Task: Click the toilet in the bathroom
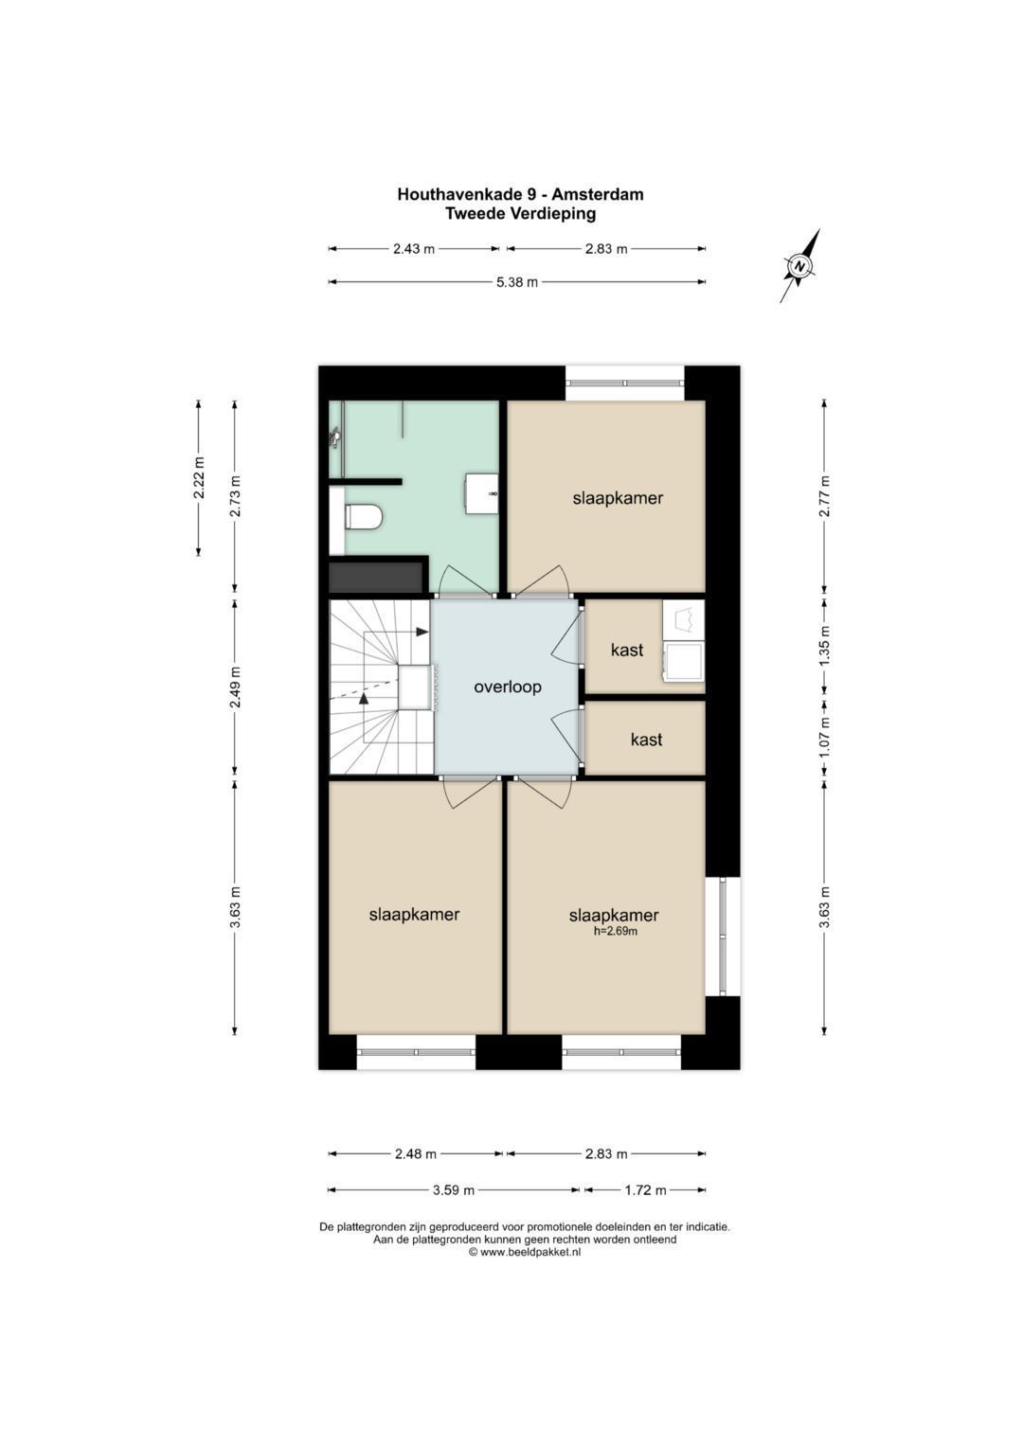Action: tap(364, 517)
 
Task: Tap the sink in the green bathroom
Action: tap(482, 493)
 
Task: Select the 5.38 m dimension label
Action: tap(516, 282)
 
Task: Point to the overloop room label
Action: tap(508, 687)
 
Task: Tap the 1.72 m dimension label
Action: tap(644, 1189)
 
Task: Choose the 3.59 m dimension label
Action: tap(454, 1189)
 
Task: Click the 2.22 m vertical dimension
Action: tap(200, 477)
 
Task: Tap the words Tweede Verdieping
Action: tap(521, 214)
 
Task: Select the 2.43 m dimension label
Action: tap(414, 248)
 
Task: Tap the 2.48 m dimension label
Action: tap(416, 1153)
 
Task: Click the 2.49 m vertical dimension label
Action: tap(236, 687)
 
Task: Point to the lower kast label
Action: tap(646, 740)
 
